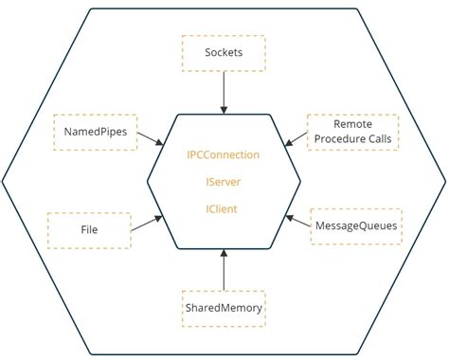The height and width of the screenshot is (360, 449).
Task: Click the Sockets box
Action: pos(224,53)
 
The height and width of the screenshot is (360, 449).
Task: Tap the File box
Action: pos(89,229)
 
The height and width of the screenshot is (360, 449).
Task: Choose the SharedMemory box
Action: pos(224,308)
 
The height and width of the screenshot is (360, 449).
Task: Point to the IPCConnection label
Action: pos(224,153)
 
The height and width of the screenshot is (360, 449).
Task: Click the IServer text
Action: pos(224,181)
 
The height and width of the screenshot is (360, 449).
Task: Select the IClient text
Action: pos(224,207)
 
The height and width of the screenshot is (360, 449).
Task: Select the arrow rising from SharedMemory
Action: pos(224,268)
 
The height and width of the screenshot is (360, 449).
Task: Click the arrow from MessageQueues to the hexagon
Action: pos(298,223)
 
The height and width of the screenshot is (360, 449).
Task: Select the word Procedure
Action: pos(338,140)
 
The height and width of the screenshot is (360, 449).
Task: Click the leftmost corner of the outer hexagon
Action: pos(4,180)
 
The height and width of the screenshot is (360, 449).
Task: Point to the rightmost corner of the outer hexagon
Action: pos(444,180)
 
